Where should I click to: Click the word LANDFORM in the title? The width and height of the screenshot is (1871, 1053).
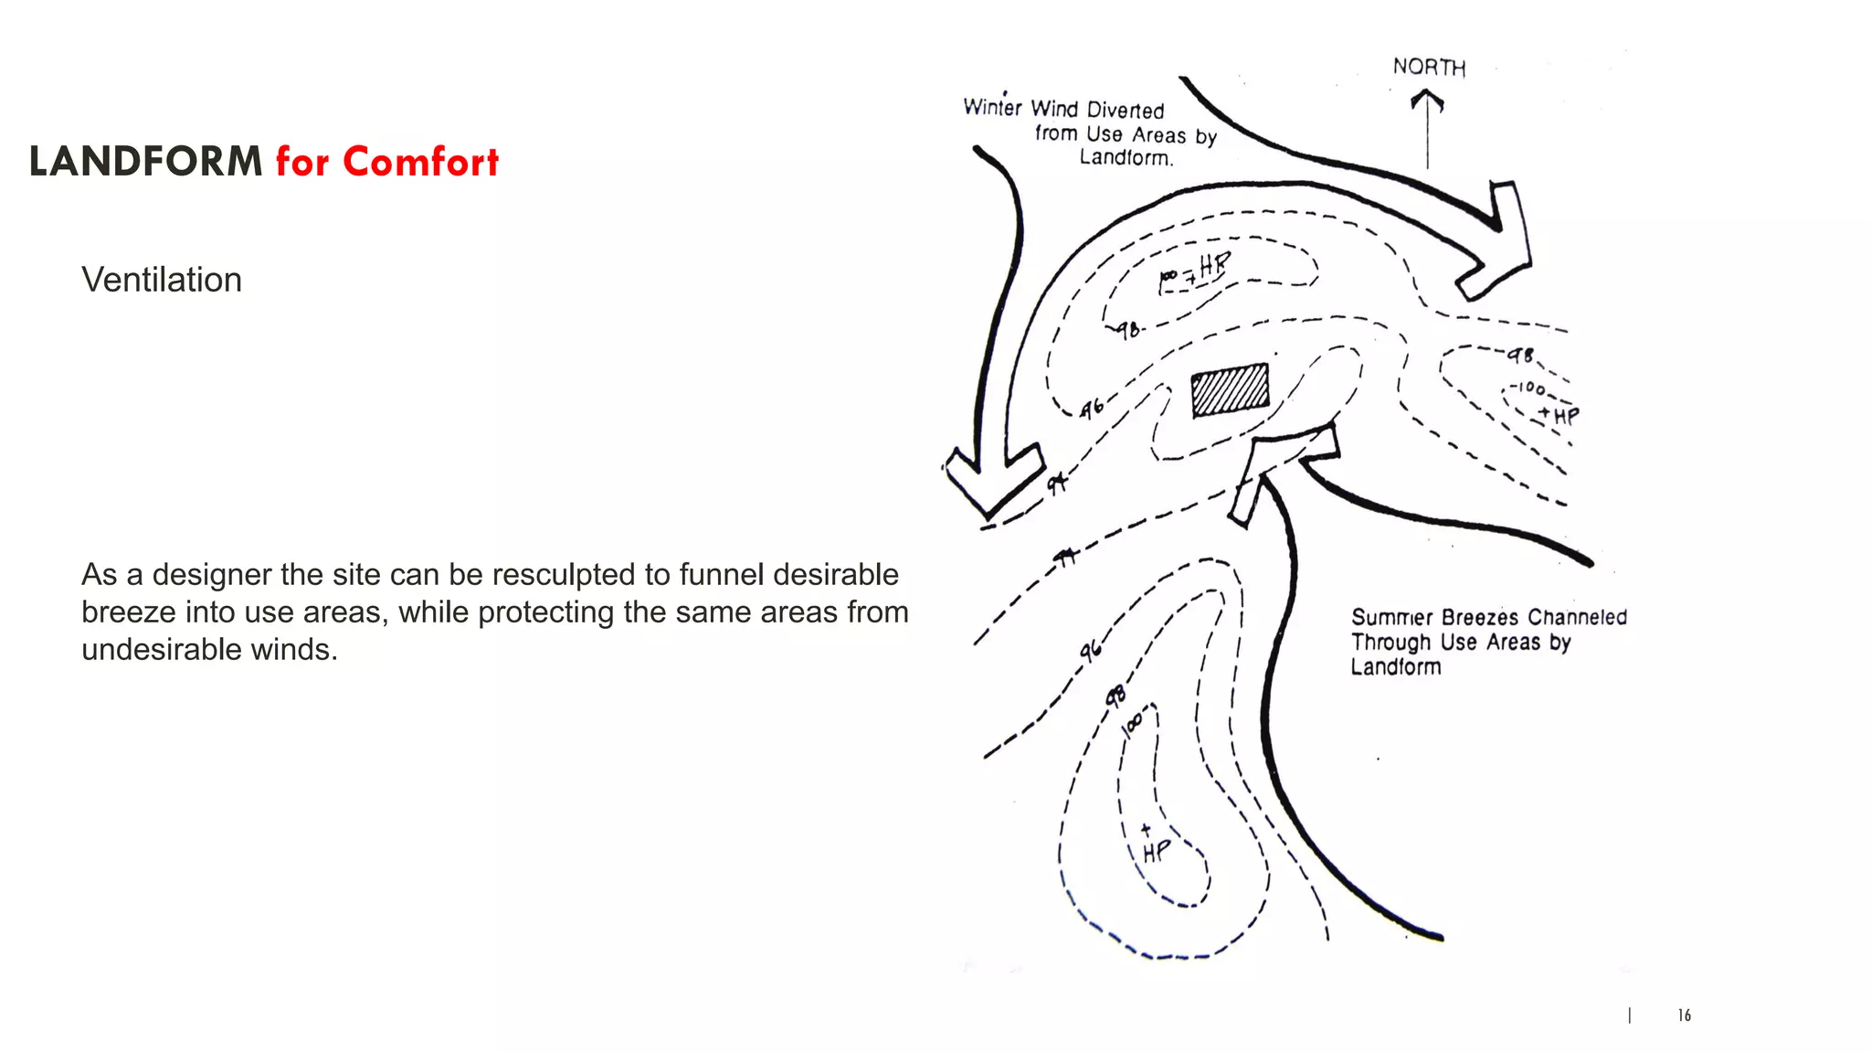click(145, 163)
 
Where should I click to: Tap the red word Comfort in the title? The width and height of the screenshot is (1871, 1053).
click(420, 163)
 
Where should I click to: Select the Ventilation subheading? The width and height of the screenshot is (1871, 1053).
click(162, 280)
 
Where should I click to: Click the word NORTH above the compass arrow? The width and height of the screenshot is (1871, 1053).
click(1429, 67)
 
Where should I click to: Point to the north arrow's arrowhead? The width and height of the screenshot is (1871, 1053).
click(1427, 99)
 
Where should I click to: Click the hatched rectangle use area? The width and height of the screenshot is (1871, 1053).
click(1230, 390)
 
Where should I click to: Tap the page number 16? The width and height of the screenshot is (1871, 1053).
click(1684, 1016)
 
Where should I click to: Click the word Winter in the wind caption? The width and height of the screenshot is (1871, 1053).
click(992, 108)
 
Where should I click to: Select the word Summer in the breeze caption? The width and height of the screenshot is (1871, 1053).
click(1392, 618)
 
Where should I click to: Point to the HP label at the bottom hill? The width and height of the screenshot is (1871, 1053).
click(1156, 851)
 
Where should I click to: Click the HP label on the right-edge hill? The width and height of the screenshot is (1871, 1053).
click(1566, 417)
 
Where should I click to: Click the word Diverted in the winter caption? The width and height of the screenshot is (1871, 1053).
click(1126, 111)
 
